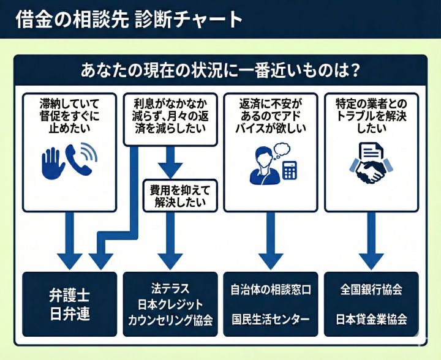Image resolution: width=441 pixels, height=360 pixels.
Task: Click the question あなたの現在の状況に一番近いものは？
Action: (x=220, y=70)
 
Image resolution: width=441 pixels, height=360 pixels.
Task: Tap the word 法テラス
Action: (x=170, y=287)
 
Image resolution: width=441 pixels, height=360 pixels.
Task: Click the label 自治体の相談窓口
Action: (x=271, y=289)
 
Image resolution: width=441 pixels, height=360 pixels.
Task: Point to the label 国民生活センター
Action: (x=271, y=319)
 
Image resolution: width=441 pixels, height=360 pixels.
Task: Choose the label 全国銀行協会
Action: (x=371, y=289)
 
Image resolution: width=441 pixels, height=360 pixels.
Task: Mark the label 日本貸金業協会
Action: (x=371, y=319)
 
